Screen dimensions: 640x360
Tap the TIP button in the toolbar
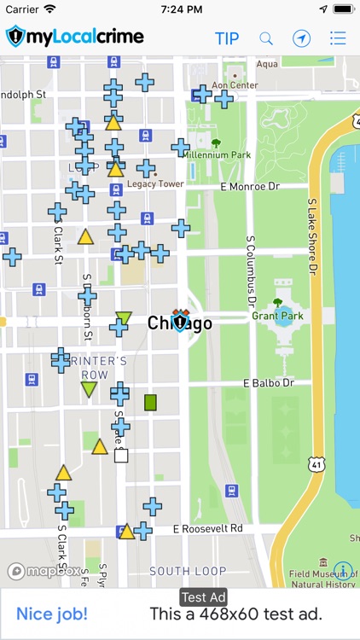tap(227, 38)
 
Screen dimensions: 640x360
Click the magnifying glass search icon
tap(266, 38)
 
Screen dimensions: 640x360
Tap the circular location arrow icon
tap(301, 38)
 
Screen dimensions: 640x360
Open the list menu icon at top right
tap(338, 38)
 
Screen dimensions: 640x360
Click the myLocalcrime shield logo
tap(17, 37)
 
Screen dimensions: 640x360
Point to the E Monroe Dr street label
tap(249, 186)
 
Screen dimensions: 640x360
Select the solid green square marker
tap(151, 402)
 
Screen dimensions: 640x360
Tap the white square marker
tap(121, 456)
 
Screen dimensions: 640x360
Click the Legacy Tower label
tap(155, 183)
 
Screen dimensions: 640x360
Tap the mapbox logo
tap(44, 571)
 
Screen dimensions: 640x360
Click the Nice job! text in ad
tap(52, 614)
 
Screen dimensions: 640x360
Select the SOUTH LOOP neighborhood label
tap(188, 571)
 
